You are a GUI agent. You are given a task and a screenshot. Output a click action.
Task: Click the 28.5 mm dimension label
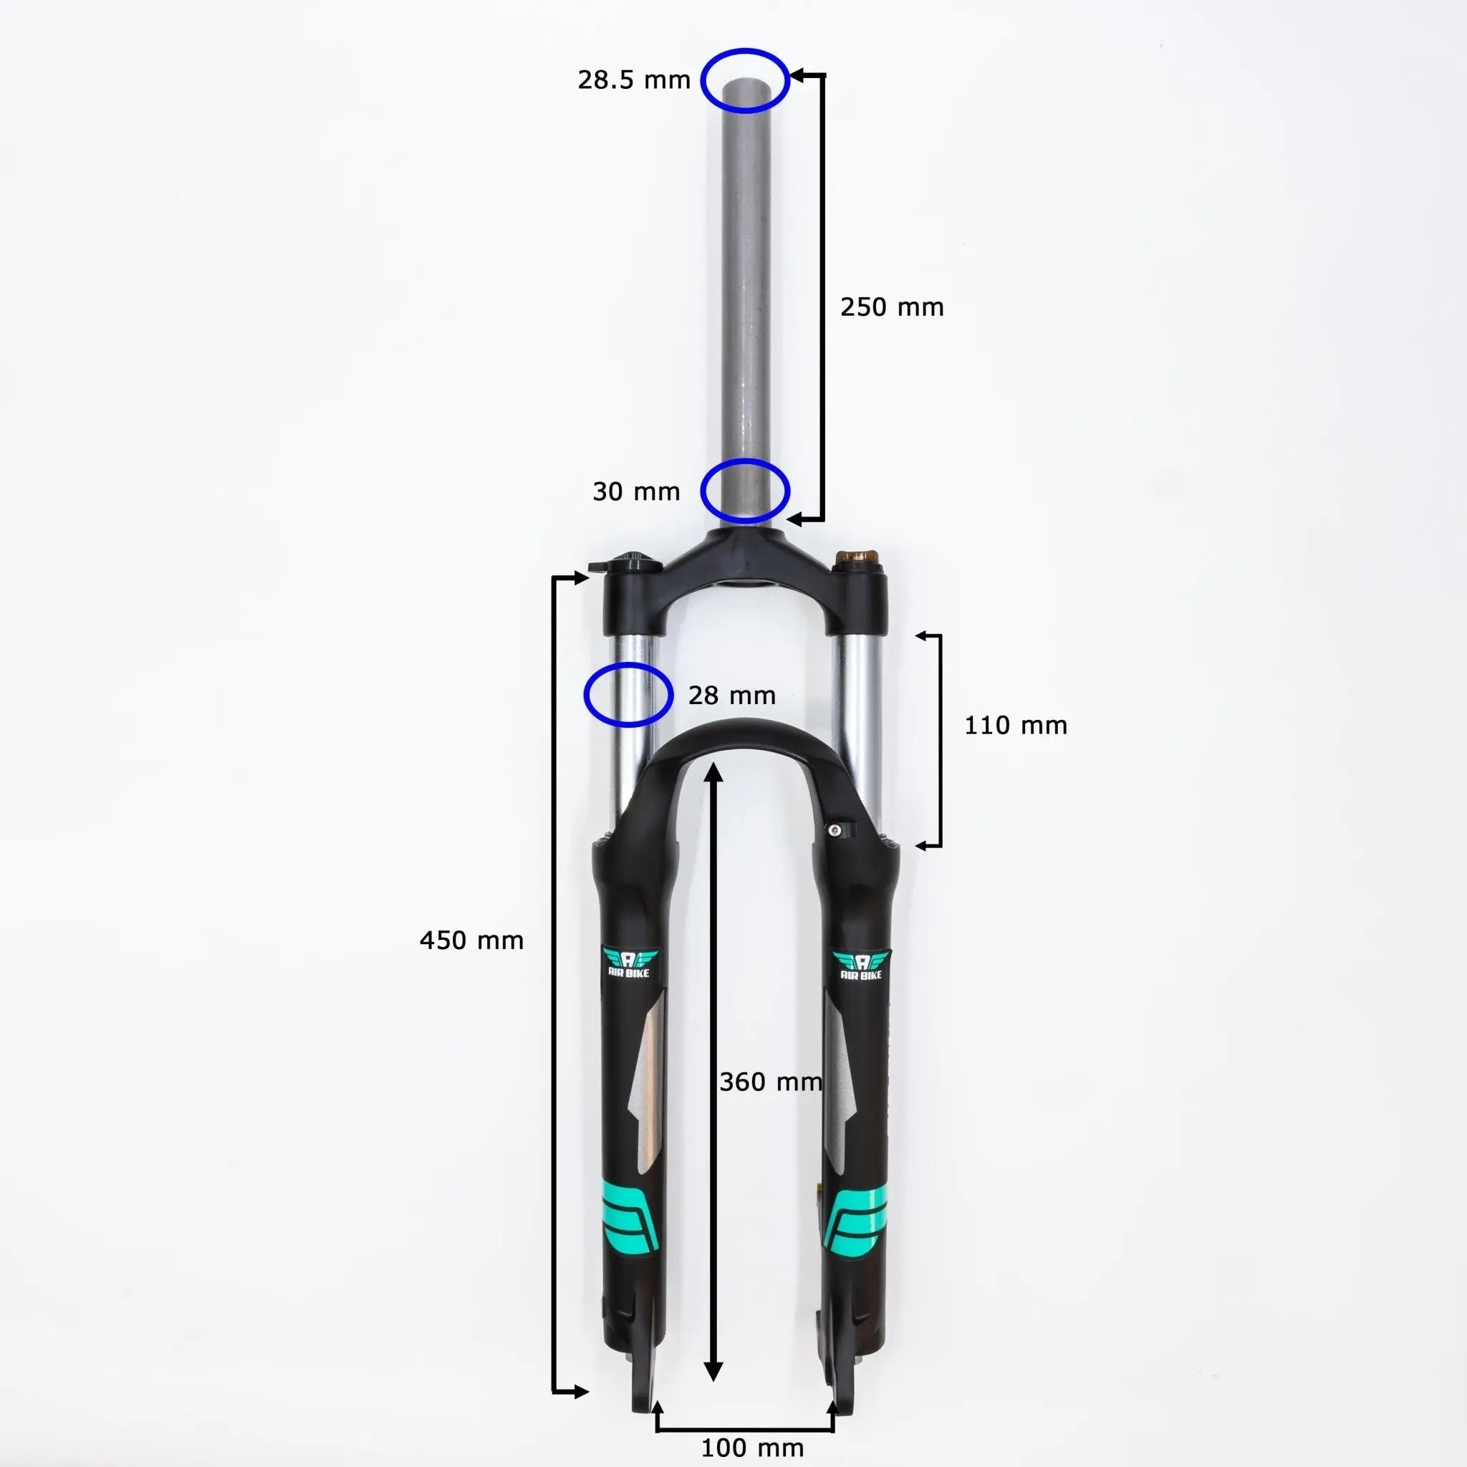(x=633, y=80)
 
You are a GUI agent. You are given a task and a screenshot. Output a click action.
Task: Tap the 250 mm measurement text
(x=891, y=307)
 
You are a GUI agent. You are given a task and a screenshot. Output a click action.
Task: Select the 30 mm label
(x=635, y=491)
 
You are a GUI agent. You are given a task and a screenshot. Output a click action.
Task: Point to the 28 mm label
(x=731, y=695)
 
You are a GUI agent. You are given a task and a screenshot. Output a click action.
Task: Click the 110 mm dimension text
(x=1015, y=725)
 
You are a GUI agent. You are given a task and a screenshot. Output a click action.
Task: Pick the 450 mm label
(x=471, y=940)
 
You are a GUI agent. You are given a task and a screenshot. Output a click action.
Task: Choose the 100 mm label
(x=751, y=1447)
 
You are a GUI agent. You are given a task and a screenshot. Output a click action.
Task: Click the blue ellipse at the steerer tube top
(x=745, y=80)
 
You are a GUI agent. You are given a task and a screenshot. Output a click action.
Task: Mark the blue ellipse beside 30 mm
(x=745, y=491)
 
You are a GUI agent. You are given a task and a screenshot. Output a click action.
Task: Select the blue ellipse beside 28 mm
(x=628, y=694)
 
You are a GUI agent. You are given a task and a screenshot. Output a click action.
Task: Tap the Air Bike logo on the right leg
(x=861, y=965)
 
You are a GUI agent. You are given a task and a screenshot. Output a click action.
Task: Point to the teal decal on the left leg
(x=630, y=1226)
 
